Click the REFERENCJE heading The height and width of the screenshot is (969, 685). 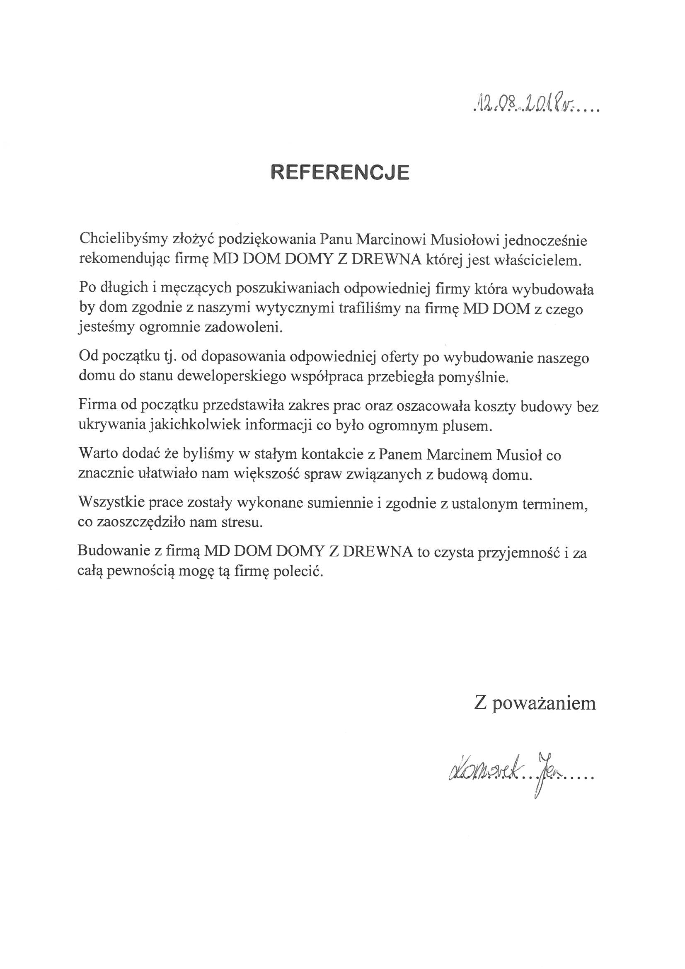point(340,172)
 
